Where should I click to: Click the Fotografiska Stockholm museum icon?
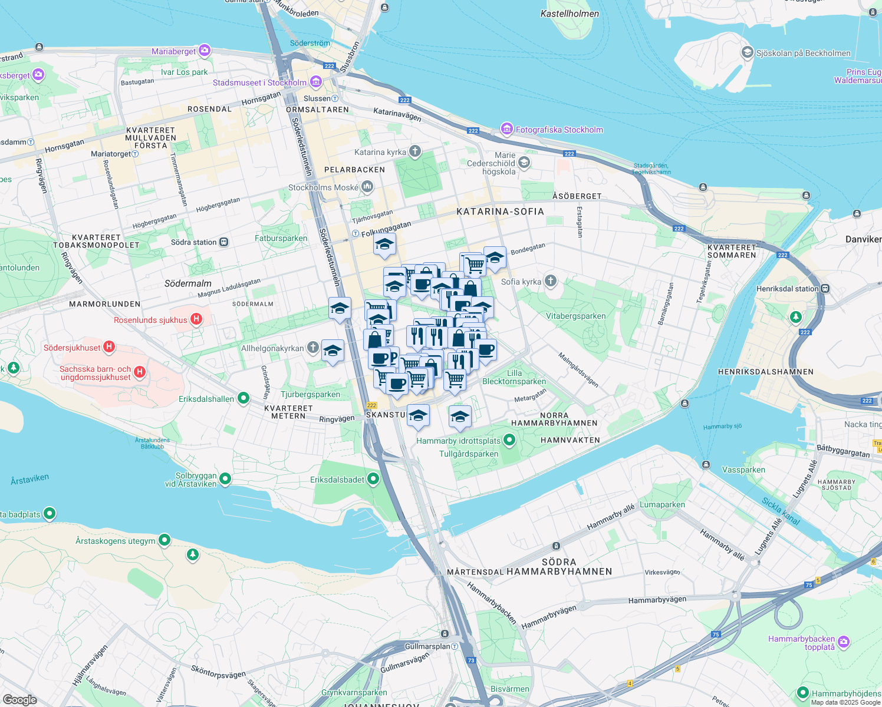coord(506,129)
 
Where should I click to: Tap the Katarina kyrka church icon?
coord(415,152)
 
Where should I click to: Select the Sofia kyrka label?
coord(521,282)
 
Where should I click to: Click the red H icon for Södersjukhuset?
coord(109,347)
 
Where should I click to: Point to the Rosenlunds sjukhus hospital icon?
coord(196,319)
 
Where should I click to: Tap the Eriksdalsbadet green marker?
coord(373,479)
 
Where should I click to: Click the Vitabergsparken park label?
coord(575,316)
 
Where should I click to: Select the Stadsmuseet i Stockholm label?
coord(259,82)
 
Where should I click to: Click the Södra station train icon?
coord(224,242)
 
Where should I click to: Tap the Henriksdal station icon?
coord(825,289)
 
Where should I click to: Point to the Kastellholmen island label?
coord(570,14)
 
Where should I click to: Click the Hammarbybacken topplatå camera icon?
coord(844,642)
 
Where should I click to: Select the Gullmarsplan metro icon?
coord(455,646)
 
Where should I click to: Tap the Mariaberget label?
coord(173,51)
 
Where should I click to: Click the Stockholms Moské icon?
coord(367,187)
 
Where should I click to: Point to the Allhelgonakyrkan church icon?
coord(313,348)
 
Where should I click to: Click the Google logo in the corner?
coord(19,699)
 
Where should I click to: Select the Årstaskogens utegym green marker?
coord(164,540)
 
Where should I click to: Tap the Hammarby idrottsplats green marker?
coord(509,440)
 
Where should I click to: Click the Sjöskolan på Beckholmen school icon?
coord(748,52)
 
